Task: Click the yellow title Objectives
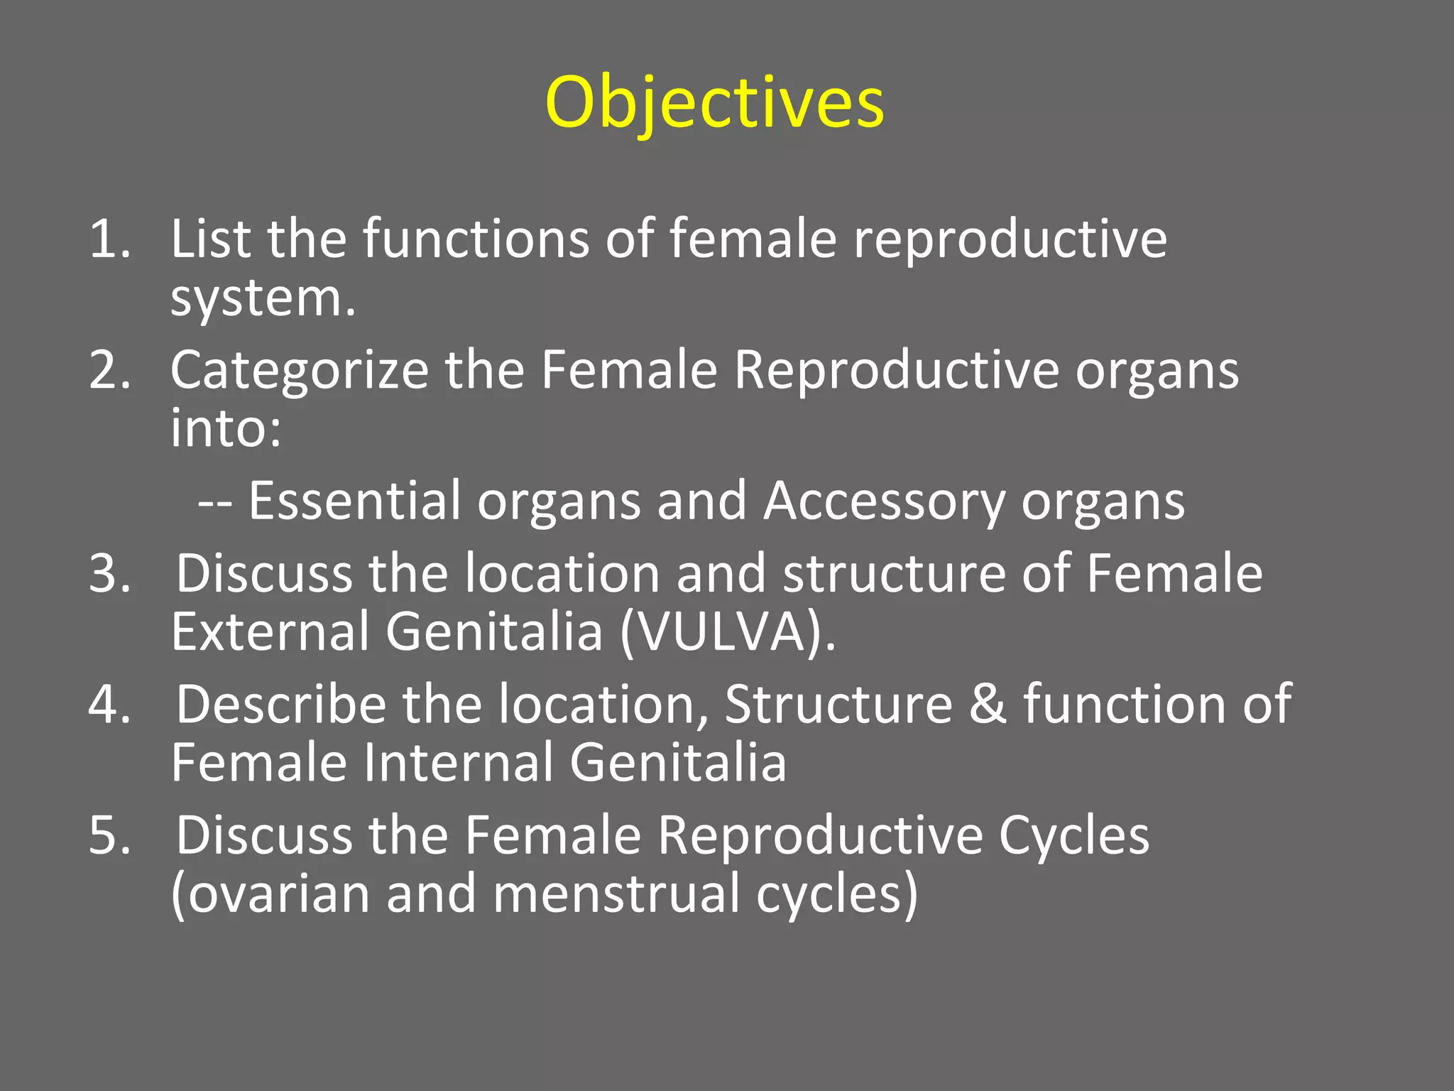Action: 714,104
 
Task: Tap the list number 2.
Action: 109,370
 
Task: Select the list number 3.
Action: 109,573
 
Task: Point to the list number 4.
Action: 109,704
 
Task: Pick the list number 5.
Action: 109,835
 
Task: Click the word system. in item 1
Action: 263,298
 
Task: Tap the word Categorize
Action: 299,371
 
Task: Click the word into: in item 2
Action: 226,428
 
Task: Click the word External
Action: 270,631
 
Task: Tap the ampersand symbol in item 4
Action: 988,704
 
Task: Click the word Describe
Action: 280,704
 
